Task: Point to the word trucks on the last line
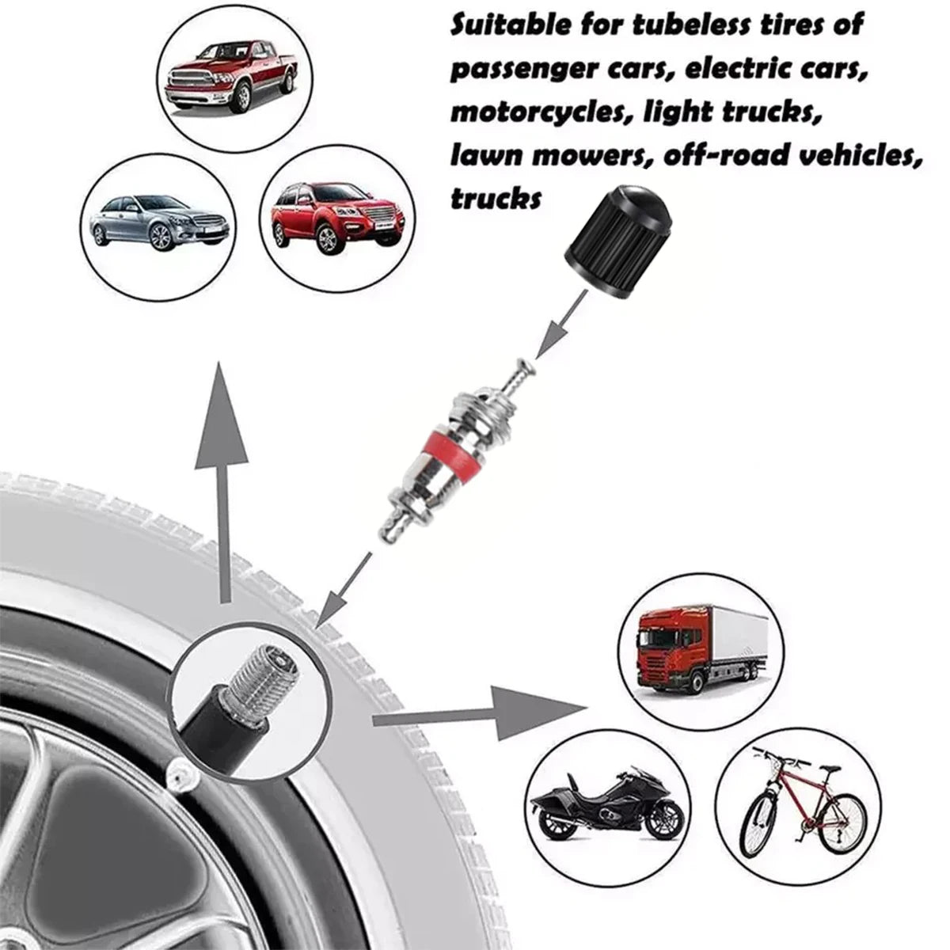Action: pos(496,198)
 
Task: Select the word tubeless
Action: pos(693,25)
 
